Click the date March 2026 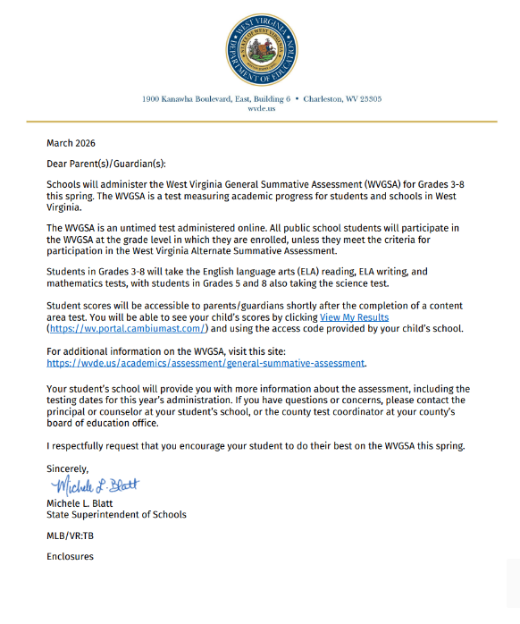(71, 143)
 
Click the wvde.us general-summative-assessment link (206, 363)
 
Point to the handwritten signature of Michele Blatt (96, 486)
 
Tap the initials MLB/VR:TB (70, 535)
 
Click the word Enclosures (70, 556)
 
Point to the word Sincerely (68, 468)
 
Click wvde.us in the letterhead (261, 108)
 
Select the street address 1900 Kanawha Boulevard (191, 99)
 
